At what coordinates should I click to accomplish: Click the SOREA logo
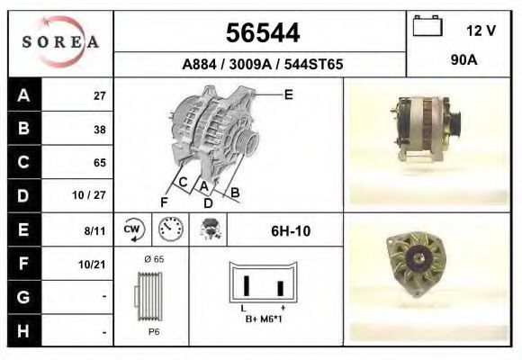[x=60, y=41]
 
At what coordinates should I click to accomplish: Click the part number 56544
[x=263, y=33]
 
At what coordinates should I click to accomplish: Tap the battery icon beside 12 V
[x=427, y=25]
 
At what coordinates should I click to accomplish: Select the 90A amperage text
[x=463, y=60]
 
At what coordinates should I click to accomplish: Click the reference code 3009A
[x=250, y=64]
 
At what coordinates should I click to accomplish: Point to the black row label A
[x=23, y=95]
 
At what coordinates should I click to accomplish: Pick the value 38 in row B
[x=100, y=130]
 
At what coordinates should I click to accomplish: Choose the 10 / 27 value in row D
[x=89, y=194]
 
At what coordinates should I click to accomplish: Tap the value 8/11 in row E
[x=94, y=230]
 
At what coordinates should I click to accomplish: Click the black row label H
[x=23, y=330]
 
